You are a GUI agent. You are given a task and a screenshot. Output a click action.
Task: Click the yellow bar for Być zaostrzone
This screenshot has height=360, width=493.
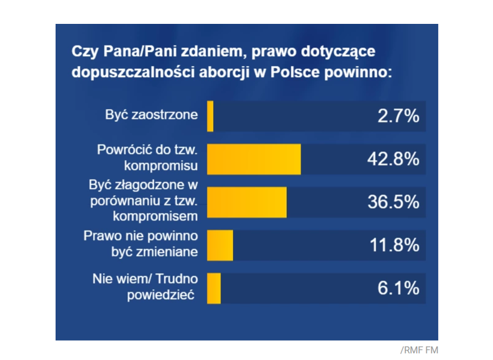[x=210, y=116]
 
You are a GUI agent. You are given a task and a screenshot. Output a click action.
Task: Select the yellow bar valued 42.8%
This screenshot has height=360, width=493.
[x=253, y=159]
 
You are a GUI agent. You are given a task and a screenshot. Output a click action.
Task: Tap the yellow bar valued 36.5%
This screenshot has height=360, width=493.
[x=247, y=202]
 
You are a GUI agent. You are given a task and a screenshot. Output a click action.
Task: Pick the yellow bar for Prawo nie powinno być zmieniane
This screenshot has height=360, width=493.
[x=220, y=245]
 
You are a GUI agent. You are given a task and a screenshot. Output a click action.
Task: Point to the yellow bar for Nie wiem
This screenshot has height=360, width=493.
[x=214, y=288]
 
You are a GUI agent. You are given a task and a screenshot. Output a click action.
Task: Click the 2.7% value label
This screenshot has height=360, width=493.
[x=398, y=116]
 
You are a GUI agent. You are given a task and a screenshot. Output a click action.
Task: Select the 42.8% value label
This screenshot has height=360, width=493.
[x=392, y=159]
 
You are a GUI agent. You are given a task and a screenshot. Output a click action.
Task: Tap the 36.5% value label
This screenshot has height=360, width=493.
[x=393, y=202]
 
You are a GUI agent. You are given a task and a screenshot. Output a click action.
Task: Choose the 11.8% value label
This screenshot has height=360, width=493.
[x=393, y=245]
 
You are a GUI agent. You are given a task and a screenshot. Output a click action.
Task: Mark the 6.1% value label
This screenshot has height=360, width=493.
[x=398, y=288]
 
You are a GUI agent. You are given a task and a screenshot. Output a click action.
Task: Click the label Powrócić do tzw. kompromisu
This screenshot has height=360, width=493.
[x=147, y=156]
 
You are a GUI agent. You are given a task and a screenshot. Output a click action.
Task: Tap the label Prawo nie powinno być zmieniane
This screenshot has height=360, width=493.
[x=141, y=244]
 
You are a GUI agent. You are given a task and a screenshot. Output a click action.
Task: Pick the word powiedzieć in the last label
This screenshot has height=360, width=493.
[x=163, y=296]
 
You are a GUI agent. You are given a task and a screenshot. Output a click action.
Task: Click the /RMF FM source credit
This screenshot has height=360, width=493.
[x=419, y=350]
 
